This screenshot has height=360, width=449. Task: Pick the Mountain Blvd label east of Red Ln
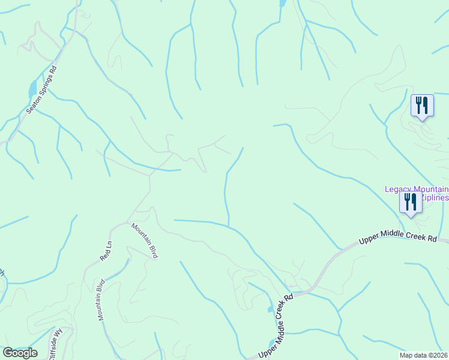[145, 241]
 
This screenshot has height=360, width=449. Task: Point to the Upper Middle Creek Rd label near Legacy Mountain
[397, 239]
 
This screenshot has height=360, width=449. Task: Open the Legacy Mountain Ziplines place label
[417, 193]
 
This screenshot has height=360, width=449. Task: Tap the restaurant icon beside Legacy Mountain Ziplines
[411, 202]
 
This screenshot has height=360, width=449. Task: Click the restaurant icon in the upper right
[422, 106]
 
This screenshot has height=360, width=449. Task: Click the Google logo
[20, 353]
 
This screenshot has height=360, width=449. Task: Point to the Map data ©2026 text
[424, 355]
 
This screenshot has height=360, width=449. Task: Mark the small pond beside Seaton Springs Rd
[32, 91]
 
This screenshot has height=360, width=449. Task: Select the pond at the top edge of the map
[282, 3]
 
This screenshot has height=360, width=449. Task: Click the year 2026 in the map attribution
[439, 355]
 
